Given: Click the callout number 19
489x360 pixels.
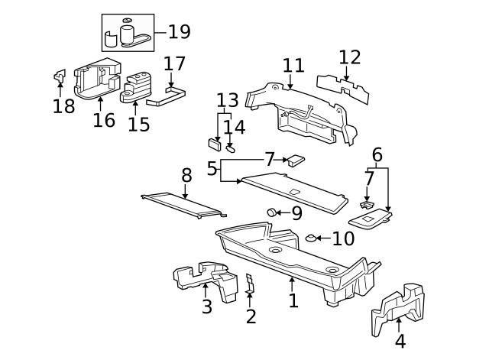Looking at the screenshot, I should [x=180, y=32].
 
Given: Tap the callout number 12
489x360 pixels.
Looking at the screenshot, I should [x=349, y=57].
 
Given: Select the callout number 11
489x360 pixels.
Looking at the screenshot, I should [x=293, y=66].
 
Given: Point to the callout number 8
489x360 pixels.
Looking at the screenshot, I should [x=186, y=176].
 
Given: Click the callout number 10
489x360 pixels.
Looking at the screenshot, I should [x=343, y=239].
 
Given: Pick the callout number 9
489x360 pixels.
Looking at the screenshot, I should [x=296, y=212].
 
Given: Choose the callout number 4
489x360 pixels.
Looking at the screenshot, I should [x=400, y=342].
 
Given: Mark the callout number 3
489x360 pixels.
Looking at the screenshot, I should [x=206, y=307].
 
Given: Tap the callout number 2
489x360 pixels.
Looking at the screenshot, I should [x=251, y=315].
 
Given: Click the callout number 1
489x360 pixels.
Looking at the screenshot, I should [x=293, y=300].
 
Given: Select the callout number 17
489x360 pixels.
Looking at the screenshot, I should [x=174, y=63].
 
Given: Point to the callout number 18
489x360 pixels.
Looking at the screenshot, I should [x=64, y=106].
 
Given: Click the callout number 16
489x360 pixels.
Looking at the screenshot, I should [x=104, y=120].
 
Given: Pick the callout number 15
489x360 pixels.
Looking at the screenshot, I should [x=139, y=124].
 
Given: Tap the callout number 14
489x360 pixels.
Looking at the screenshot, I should [x=235, y=127].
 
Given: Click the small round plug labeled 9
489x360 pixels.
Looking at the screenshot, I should [x=271, y=212].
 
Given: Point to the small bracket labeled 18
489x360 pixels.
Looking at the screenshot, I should [x=59, y=76].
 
